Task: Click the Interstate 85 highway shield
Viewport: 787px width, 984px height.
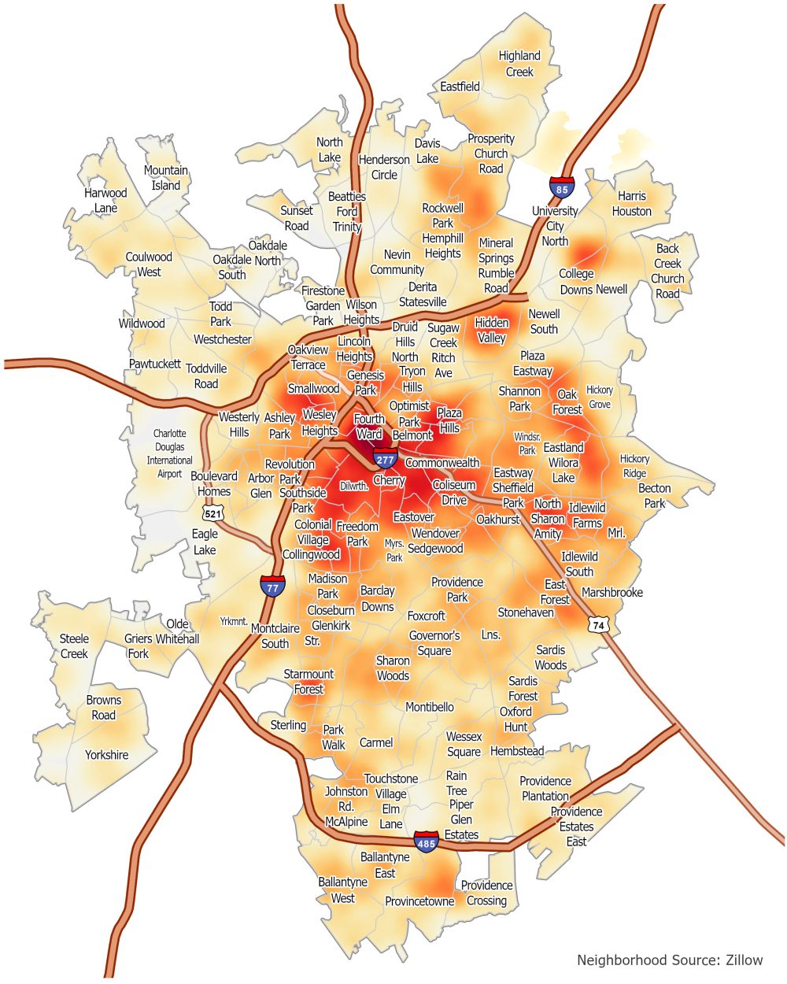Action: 562,186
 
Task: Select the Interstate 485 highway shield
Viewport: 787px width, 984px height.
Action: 427,841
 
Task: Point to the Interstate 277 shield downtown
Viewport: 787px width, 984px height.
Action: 385,457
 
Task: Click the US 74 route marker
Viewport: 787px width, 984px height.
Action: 598,623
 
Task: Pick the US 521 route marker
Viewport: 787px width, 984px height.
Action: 213,513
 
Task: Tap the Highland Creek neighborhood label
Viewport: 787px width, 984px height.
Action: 519,64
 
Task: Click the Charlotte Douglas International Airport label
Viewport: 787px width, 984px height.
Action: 169,453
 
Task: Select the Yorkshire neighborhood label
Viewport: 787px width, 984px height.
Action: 106,755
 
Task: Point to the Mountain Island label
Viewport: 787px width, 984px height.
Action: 166,178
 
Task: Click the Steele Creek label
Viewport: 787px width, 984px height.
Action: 74,646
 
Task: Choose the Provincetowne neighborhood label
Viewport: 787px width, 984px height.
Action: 419,901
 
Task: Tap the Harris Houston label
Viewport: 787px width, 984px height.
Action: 631,203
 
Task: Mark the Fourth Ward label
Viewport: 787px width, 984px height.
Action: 369,426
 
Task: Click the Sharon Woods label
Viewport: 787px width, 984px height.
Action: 393,668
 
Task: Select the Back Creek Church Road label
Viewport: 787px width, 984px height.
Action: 667,271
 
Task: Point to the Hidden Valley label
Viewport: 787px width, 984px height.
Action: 492,330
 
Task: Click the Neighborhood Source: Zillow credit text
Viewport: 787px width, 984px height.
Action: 669,960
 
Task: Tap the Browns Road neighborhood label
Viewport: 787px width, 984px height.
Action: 104,707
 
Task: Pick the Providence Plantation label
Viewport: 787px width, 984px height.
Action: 545,788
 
